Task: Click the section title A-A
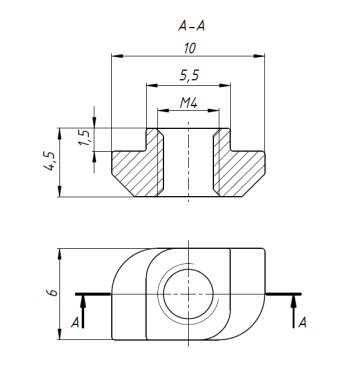click(x=191, y=26)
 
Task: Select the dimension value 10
click(x=189, y=49)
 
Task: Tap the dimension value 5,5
click(x=189, y=75)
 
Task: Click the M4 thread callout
click(x=189, y=103)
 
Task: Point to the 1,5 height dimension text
click(x=85, y=137)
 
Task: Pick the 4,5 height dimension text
click(x=50, y=161)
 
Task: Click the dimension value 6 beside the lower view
click(x=52, y=293)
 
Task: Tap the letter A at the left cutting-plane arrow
click(x=75, y=322)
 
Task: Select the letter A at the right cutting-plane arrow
click(x=302, y=322)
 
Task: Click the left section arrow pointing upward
click(x=83, y=311)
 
